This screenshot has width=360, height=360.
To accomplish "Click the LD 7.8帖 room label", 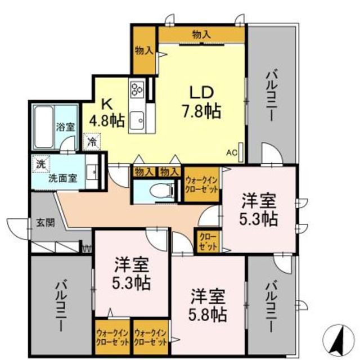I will (201, 101).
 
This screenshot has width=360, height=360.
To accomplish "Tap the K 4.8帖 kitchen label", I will (107, 112).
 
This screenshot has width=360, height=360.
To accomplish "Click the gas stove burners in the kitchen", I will (138, 89).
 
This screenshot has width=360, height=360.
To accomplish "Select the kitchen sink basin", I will (137, 120).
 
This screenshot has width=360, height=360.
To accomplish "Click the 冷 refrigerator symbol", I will (91, 141).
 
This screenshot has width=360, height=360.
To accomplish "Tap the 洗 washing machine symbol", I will (40, 164).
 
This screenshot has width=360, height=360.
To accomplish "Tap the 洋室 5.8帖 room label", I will (208, 304).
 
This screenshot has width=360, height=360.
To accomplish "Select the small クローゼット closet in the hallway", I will (208, 241).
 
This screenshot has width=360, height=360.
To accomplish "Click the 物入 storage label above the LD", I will (201, 35).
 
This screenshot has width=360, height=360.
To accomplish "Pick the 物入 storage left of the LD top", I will (144, 51).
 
